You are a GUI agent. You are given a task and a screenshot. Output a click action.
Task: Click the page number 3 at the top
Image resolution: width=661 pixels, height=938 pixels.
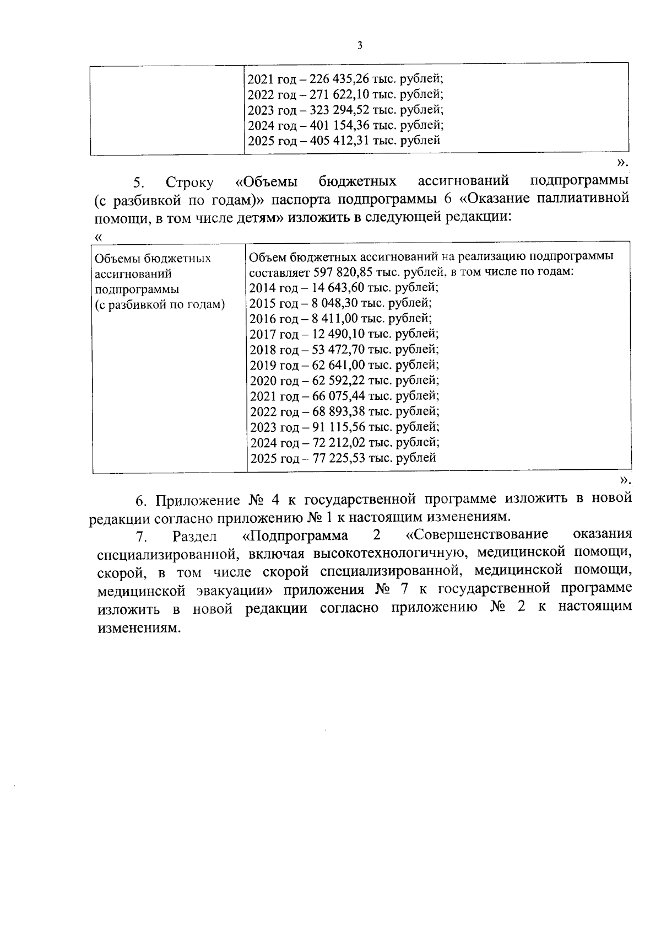[360, 46]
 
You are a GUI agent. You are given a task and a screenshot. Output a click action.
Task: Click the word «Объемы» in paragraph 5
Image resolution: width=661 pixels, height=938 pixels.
[267, 181]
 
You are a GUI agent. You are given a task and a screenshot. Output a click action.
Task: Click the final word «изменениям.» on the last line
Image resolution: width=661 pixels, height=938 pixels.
[139, 629]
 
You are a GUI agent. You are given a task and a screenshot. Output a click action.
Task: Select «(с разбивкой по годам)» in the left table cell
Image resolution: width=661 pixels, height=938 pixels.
[160, 305]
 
